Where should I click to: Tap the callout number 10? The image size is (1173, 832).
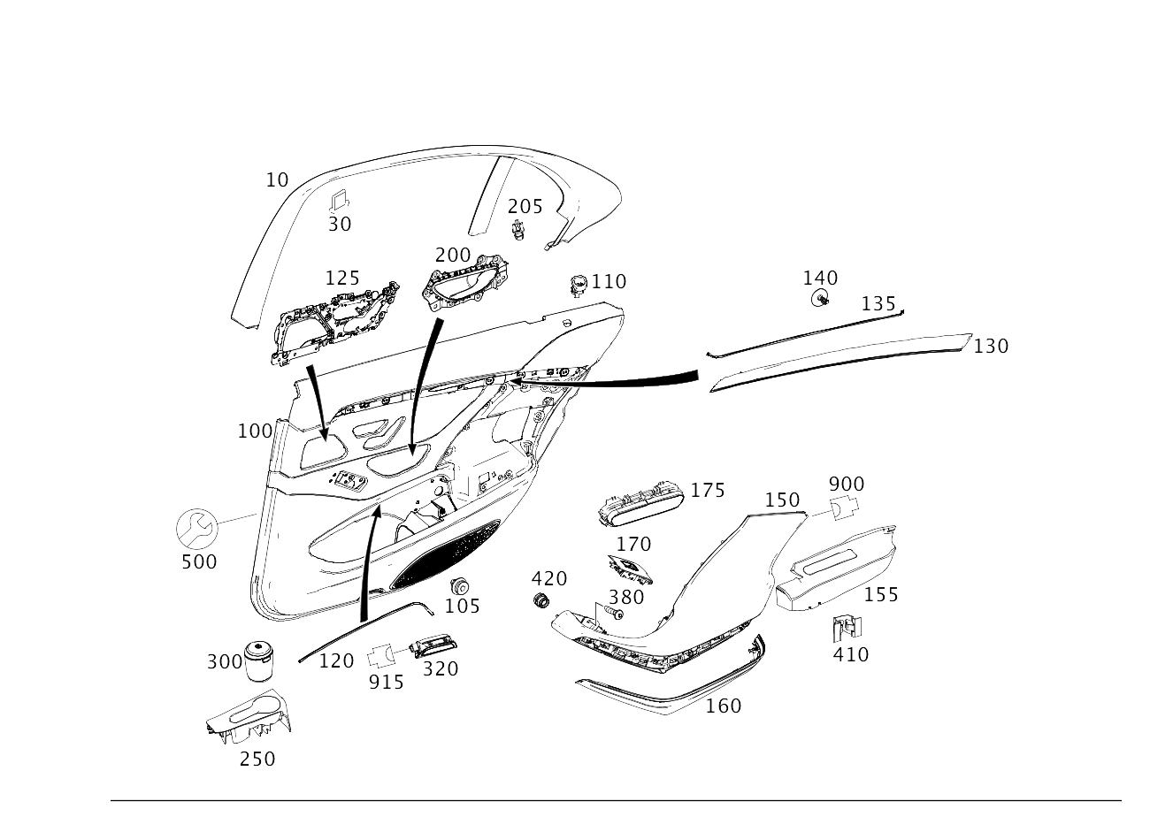tap(277, 180)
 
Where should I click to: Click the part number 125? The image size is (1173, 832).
tap(341, 279)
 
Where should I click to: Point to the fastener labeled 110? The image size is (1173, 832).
tap(579, 282)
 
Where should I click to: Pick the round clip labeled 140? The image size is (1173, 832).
tap(820, 299)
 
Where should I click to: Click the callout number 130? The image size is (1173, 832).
tap(990, 346)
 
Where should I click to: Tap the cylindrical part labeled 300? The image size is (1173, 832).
tap(258, 660)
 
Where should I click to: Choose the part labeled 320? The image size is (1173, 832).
tap(436, 646)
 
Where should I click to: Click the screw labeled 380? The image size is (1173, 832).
tap(611, 611)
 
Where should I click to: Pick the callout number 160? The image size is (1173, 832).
tap(723, 706)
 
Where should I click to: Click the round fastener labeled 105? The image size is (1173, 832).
tap(459, 586)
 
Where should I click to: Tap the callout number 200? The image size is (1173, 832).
tap(453, 255)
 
